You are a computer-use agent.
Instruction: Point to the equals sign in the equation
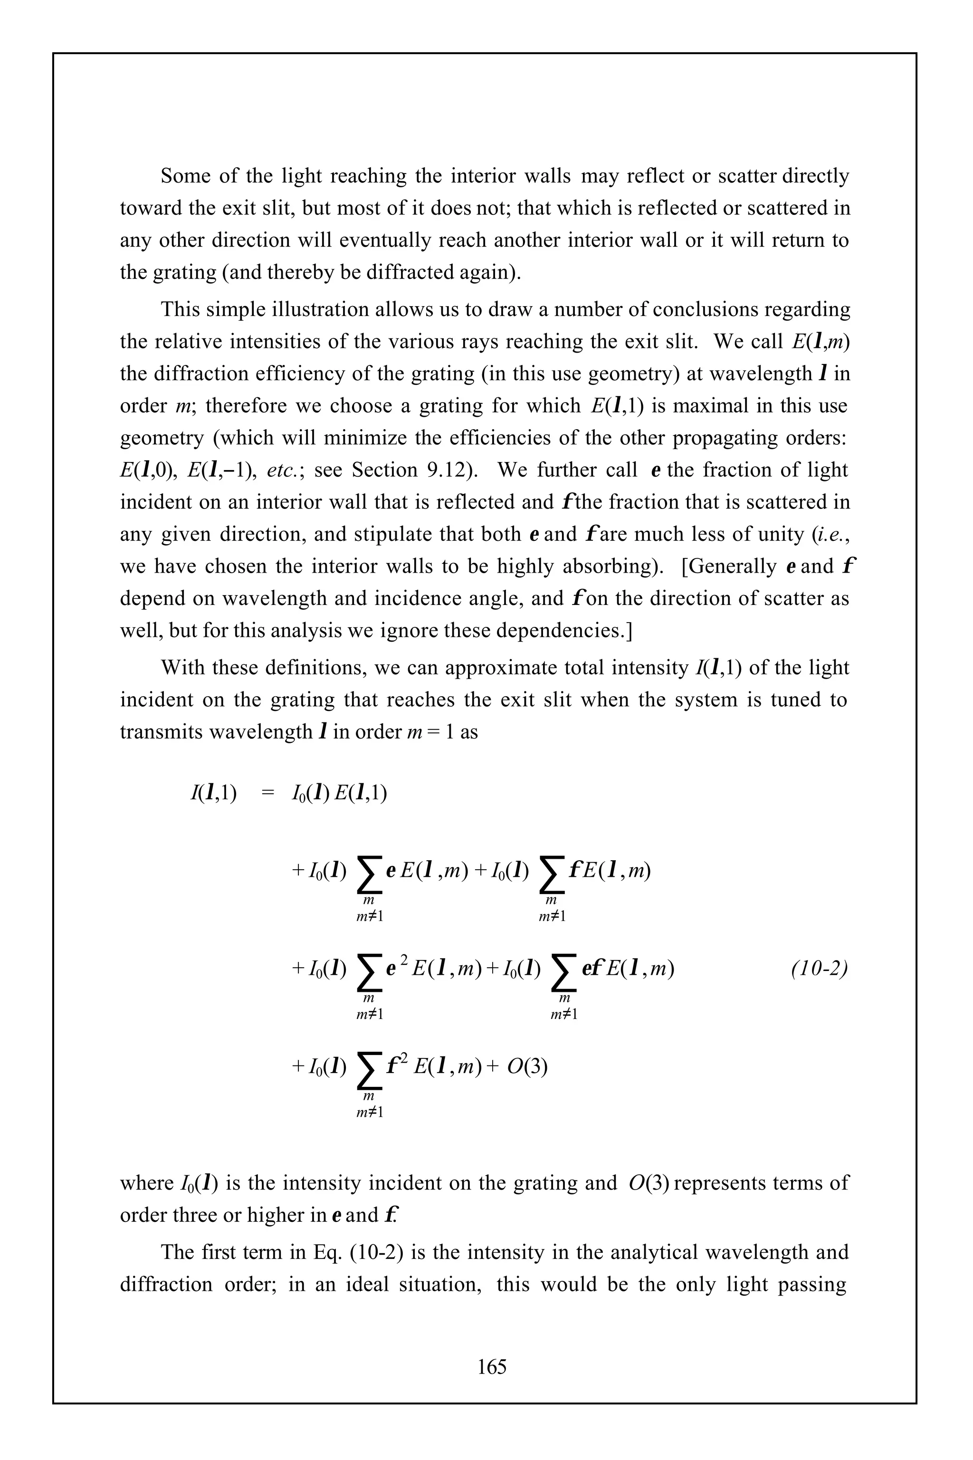pos(267,793)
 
